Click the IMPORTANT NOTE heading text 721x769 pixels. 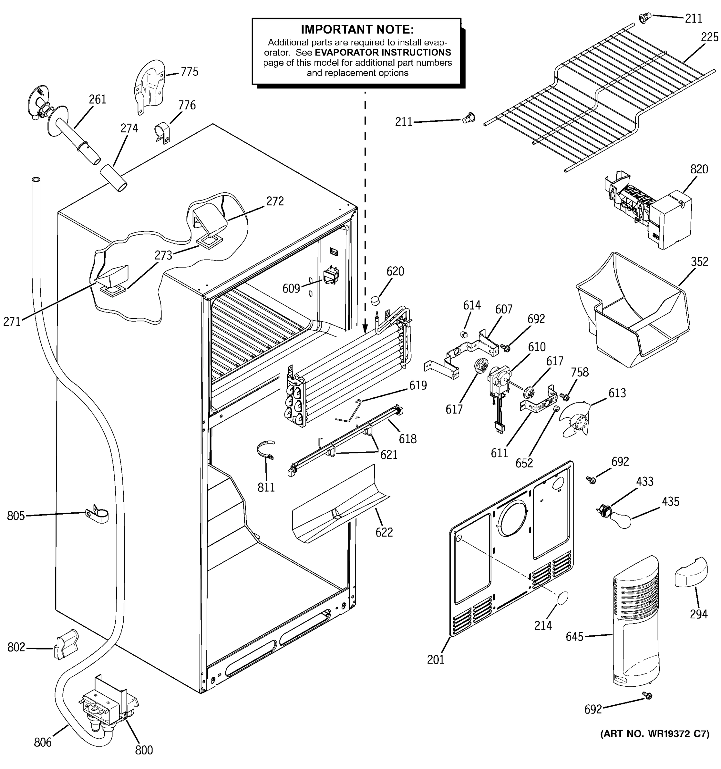(x=357, y=29)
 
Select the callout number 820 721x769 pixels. (x=699, y=169)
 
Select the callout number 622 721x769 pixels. (x=384, y=532)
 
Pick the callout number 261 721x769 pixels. (x=97, y=99)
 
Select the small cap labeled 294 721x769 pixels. (x=691, y=572)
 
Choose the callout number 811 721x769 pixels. (x=266, y=487)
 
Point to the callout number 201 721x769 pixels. (x=435, y=659)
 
